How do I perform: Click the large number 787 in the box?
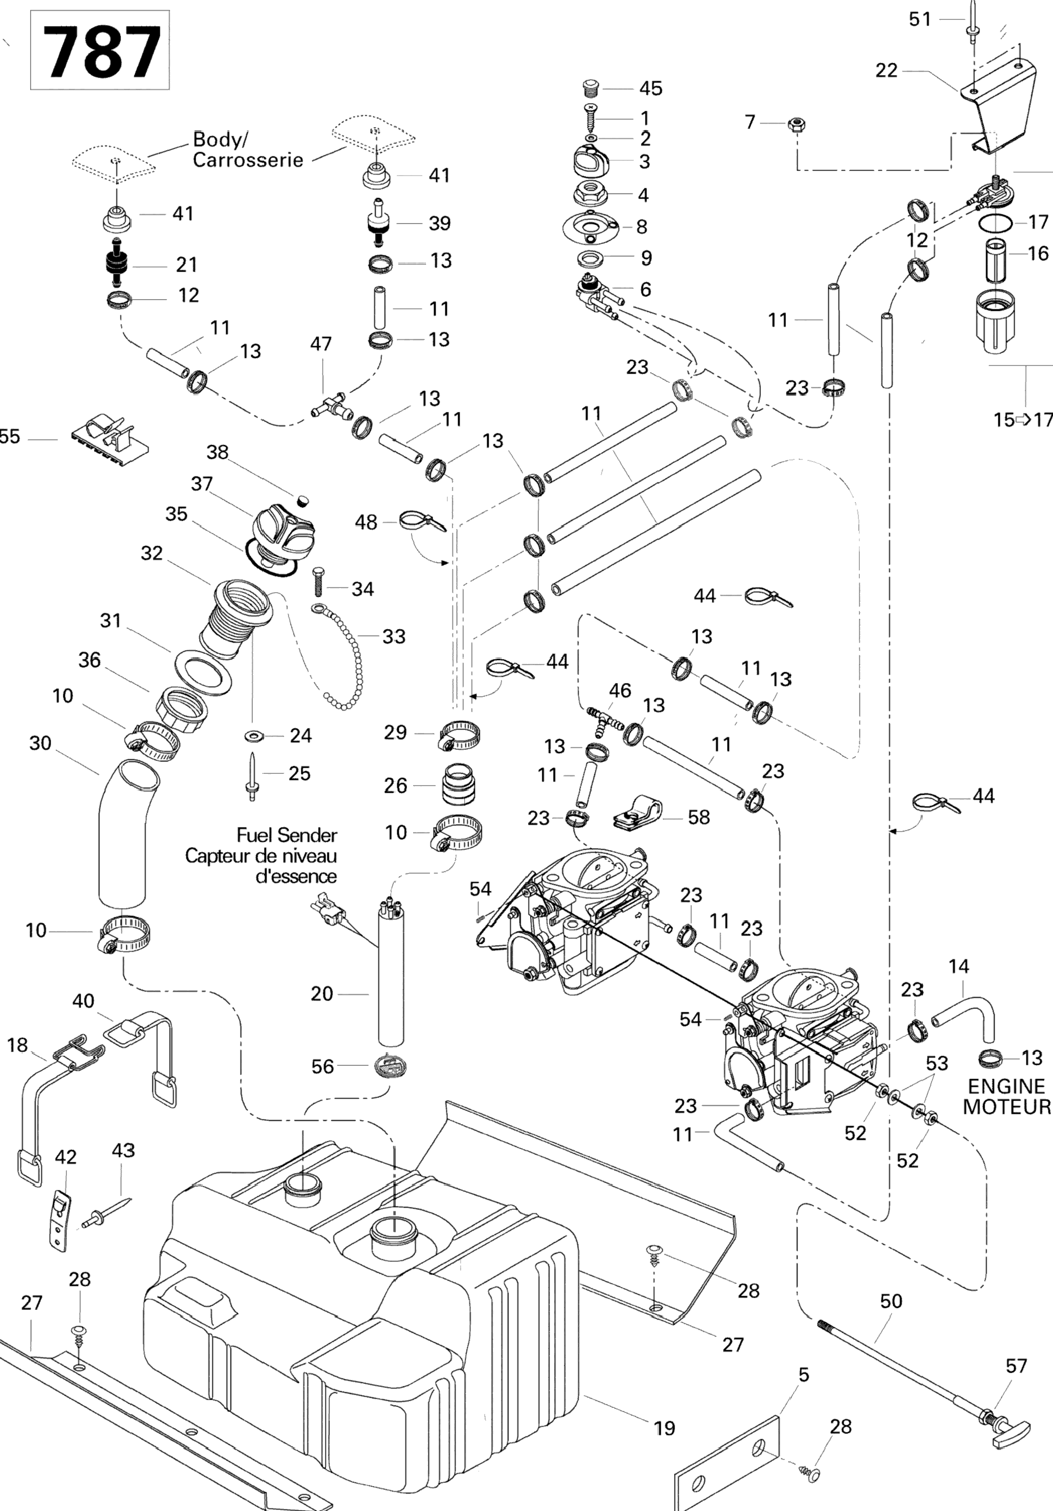101,52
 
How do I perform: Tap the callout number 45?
651,88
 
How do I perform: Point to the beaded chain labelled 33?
348,658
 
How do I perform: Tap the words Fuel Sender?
286,835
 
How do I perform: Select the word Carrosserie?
248,160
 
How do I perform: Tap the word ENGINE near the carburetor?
1006,1086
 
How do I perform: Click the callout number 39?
440,223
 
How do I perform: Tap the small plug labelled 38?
302,501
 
